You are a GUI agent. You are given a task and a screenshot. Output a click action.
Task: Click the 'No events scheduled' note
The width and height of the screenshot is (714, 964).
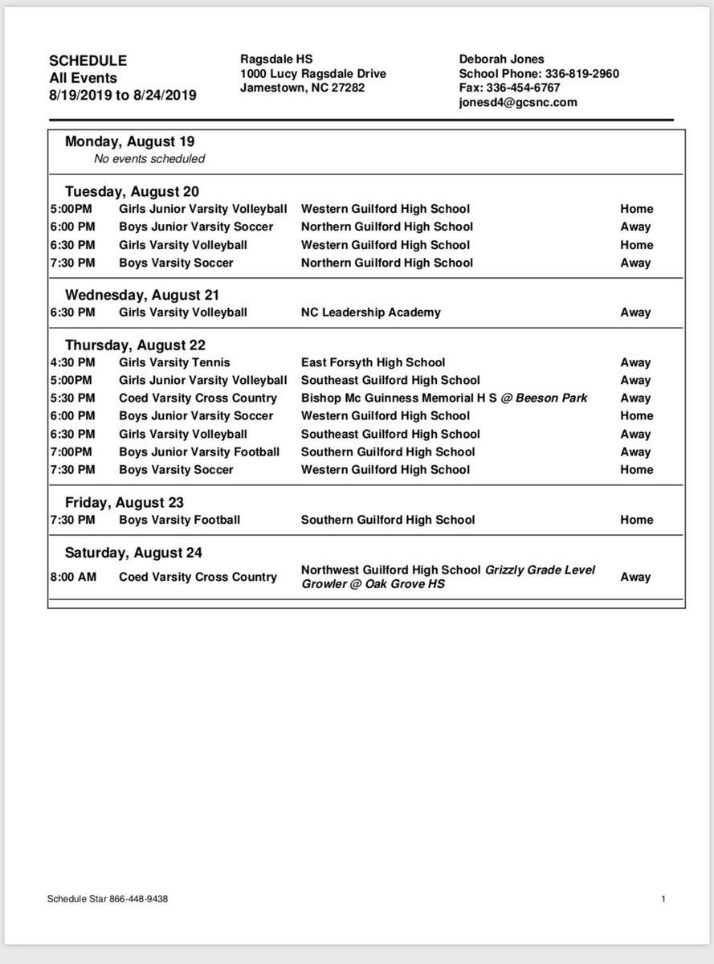[x=149, y=158]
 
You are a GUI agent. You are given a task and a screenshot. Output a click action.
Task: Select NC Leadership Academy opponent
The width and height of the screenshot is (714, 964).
[x=370, y=312]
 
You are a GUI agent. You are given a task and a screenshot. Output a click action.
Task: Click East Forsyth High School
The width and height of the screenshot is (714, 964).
[x=373, y=362]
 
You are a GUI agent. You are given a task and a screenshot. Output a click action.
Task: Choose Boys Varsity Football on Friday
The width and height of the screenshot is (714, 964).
[x=179, y=520]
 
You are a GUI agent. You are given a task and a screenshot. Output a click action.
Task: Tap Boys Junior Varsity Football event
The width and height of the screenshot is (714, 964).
[x=199, y=451]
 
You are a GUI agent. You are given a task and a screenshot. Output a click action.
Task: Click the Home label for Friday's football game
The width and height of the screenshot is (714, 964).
[x=636, y=520]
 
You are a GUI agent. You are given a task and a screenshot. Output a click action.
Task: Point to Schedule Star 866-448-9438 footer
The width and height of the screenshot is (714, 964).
[x=108, y=900]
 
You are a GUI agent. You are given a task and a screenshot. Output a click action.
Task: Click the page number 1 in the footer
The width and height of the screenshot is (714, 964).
[x=663, y=900]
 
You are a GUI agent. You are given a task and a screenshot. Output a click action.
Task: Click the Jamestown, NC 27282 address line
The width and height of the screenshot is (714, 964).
[x=302, y=88]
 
